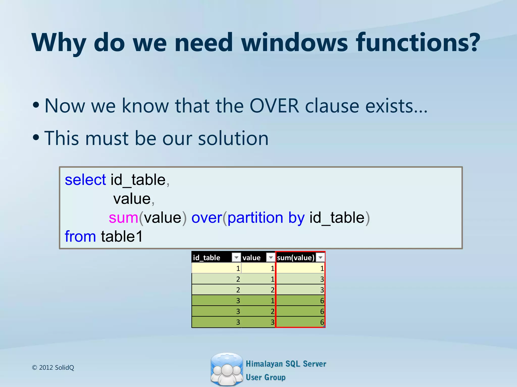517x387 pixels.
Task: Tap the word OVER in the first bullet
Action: point(274,106)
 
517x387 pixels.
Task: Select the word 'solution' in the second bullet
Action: point(233,138)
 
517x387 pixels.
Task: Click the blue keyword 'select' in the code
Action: point(85,180)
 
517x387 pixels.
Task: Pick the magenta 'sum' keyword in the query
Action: point(123,218)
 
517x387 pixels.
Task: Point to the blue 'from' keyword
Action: point(80,237)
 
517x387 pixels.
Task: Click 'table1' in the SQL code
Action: point(122,237)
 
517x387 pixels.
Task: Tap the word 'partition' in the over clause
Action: point(255,218)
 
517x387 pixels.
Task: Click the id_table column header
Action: point(206,257)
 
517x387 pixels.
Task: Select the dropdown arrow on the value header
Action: point(271,257)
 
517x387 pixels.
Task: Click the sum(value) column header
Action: point(295,257)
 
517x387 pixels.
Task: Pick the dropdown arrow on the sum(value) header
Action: point(320,257)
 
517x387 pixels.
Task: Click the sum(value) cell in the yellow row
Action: point(300,268)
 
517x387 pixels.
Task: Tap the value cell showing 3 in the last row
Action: point(258,322)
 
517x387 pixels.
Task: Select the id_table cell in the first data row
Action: point(216,268)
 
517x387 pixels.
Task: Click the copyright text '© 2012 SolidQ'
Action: point(53,368)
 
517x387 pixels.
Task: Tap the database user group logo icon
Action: point(227,369)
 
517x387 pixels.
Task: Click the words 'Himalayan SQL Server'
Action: point(286,364)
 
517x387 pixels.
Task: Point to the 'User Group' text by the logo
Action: point(266,377)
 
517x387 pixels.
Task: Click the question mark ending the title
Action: point(472,42)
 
